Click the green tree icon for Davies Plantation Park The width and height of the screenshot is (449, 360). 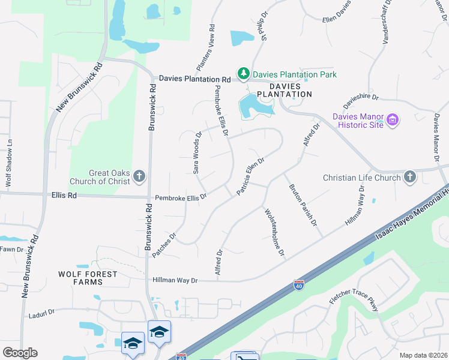click(x=243, y=74)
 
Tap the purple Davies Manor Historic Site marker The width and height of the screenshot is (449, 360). click(x=394, y=120)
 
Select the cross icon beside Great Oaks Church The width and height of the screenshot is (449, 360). click(x=139, y=176)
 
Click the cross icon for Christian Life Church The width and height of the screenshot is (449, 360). click(x=409, y=177)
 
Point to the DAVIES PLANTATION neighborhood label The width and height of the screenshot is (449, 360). click(x=285, y=90)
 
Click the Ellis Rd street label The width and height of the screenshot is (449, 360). click(x=64, y=195)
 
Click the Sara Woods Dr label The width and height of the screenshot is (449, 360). click(x=196, y=154)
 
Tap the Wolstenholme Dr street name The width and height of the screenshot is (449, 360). click(x=274, y=232)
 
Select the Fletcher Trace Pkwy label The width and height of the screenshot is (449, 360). click(x=354, y=299)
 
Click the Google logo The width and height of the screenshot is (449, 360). click(x=20, y=353)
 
